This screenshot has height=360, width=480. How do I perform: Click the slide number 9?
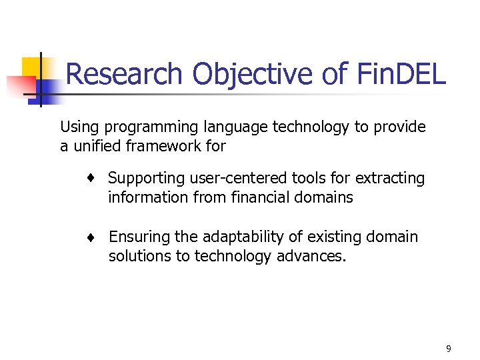449,348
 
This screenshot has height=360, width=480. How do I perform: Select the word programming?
141,127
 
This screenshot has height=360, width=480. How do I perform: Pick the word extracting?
390,178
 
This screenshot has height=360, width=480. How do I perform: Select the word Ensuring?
139,237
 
